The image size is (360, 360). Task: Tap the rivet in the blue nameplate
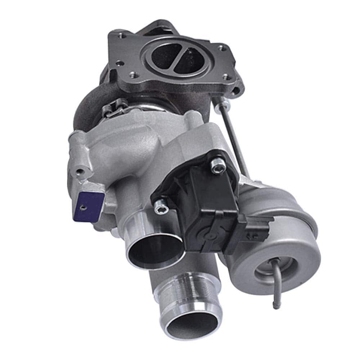pyautogui.click(x=83, y=207)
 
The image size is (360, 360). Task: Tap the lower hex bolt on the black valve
pyautogui.click(x=159, y=207)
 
